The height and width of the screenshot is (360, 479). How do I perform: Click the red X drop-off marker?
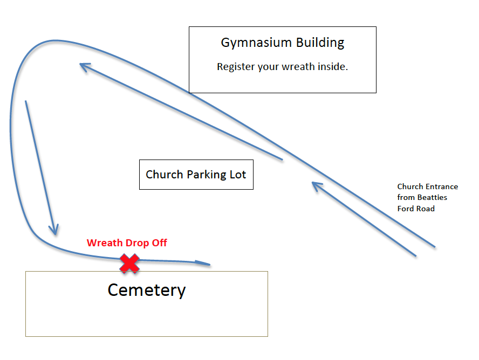pyautogui.click(x=129, y=264)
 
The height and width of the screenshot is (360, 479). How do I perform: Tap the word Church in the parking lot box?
pyautogui.click(x=165, y=175)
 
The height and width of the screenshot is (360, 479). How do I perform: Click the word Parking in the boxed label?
pyautogui.click(x=207, y=175)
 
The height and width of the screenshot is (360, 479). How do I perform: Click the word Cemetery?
pyautogui.click(x=147, y=290)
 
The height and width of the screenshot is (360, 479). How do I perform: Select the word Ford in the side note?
pyautogui.click(x=406, y=209)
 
